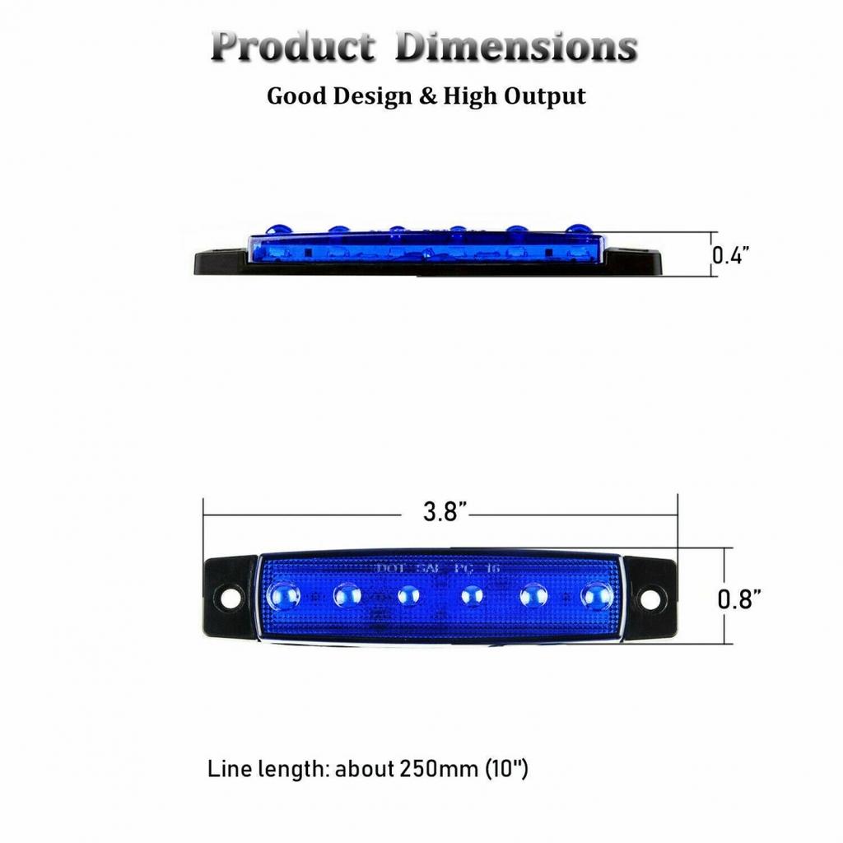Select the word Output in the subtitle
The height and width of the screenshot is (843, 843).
(x=544, y=96)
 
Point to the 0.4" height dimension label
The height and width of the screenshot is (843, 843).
(x=729, y=254)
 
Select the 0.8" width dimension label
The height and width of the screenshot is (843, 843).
(x=738, y=598)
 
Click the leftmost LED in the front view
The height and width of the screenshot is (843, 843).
(x=284, y=594)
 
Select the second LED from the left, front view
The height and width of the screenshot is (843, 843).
(x=347, y=594)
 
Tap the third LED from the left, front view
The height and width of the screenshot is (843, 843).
(x=408, y=594)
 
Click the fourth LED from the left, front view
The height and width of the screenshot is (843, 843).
(x=471, y=594)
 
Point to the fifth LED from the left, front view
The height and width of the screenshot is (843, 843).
(x=533, y=594)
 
